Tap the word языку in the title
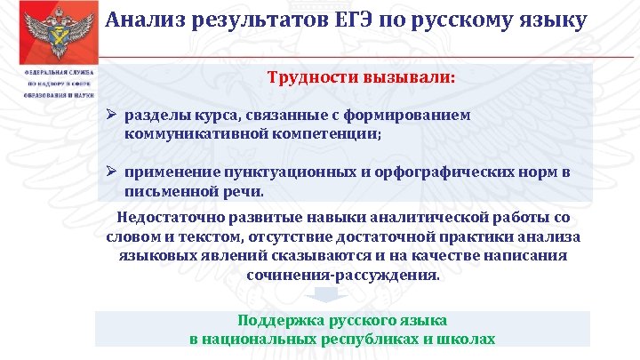(552, 19)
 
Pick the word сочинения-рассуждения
(342, 275)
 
